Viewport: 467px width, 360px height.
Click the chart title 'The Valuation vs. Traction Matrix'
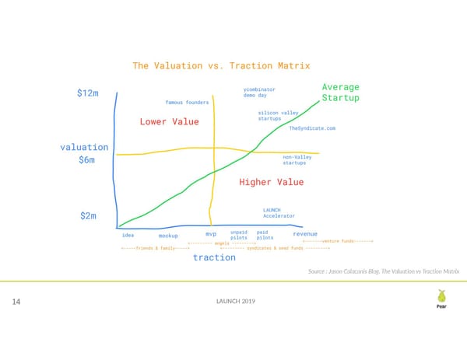(221, 66)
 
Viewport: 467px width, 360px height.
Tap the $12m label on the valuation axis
(88, 93)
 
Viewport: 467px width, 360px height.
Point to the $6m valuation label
(86, 161)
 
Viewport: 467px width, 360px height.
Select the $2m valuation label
(88, 215)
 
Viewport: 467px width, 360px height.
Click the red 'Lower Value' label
(169, 121)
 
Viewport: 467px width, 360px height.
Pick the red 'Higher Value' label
(271, 182)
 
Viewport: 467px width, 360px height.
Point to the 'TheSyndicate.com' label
(311, 128)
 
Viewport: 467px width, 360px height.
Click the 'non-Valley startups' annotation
(297, 159)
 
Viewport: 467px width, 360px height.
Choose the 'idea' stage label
(128, 233)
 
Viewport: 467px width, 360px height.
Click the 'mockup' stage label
(169, 235)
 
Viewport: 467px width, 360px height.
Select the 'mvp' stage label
(210, 233)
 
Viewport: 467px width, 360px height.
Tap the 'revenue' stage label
(305, 233)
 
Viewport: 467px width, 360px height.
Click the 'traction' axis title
(214, 257)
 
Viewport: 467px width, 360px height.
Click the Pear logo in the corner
(441, 299)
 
